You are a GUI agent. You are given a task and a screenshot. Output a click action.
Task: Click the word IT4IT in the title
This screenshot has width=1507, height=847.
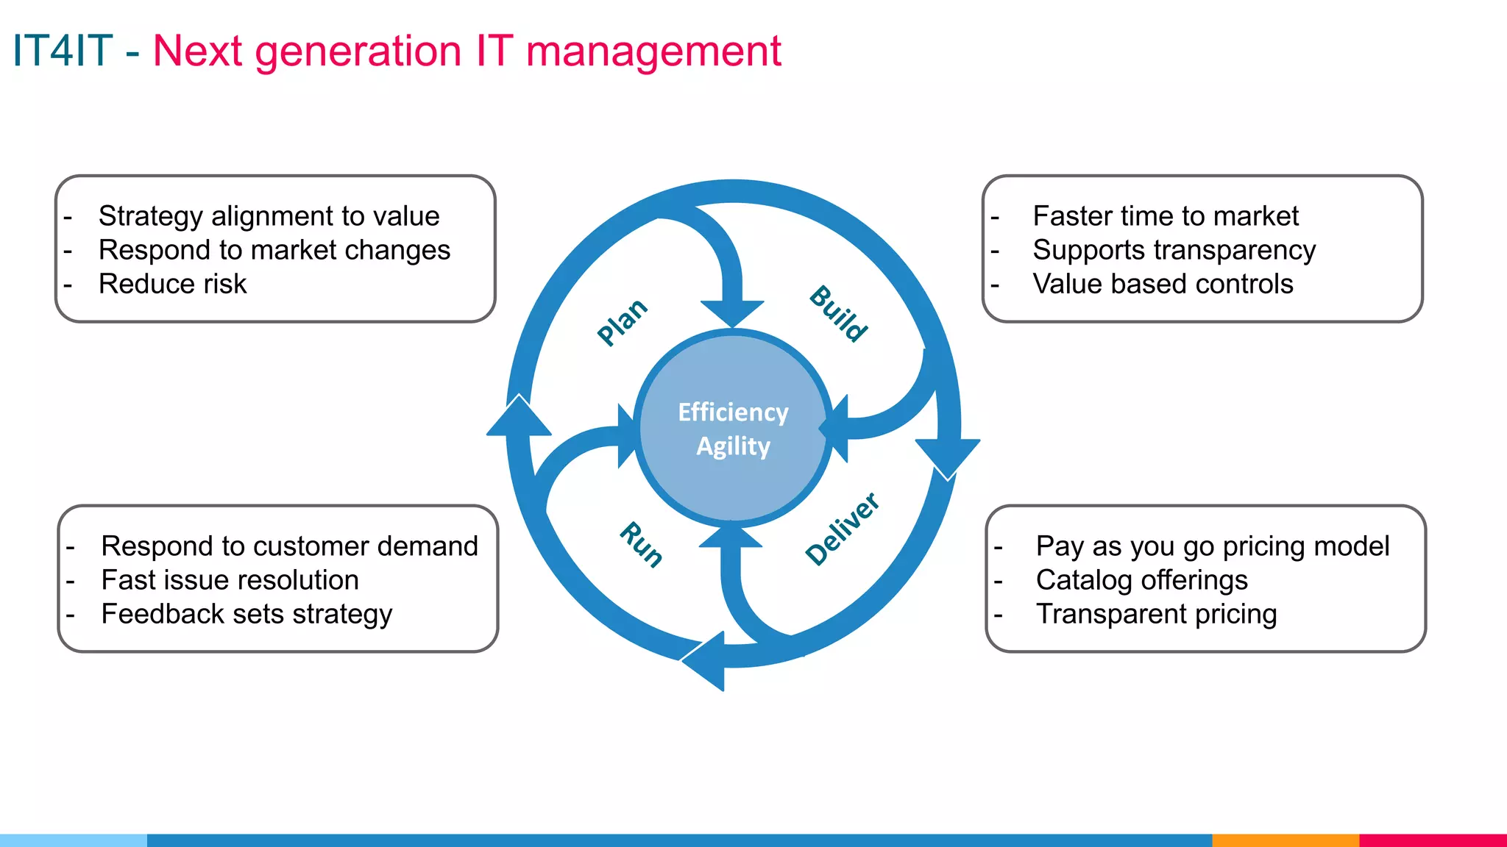click(63, 51)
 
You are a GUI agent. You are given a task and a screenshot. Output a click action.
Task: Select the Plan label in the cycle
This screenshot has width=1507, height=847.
click(622, 321)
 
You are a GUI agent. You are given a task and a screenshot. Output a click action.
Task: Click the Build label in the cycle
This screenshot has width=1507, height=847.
click(838, 314)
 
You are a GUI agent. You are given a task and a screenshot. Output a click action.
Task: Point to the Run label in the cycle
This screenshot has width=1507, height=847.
click(641, 545)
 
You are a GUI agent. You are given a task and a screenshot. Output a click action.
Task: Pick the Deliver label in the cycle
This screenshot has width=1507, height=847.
click(842, 529)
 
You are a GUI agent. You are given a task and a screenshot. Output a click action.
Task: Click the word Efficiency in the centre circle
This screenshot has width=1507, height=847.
click(732, 412)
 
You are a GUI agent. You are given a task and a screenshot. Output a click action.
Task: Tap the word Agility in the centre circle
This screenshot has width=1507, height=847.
click(733, 446)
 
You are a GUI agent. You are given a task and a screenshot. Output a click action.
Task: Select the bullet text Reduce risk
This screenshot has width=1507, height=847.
click(172, 284)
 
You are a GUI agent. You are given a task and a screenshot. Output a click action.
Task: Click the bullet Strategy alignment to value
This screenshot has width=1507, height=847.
click(269, 216)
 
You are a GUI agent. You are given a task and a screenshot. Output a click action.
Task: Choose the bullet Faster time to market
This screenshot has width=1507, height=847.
click(1165, 216)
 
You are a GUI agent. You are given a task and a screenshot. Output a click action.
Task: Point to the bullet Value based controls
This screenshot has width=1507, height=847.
click(1162, 284)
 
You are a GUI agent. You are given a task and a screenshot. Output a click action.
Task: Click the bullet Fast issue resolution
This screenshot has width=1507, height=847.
click(230, 580)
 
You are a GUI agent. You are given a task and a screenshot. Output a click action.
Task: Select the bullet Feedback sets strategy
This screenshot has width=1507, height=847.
click(247, 614)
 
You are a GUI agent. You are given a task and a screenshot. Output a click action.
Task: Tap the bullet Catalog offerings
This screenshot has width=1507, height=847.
click(1141, 580)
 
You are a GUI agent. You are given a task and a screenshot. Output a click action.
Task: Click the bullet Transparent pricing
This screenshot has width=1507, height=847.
click(1156, 614)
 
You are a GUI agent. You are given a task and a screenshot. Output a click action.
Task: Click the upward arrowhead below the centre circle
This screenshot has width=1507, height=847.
click(730, 537)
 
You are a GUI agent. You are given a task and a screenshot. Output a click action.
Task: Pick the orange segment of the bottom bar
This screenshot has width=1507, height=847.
click(1285, 840)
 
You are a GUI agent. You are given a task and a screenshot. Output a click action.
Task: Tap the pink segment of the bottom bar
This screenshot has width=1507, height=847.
click(1432, 840)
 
